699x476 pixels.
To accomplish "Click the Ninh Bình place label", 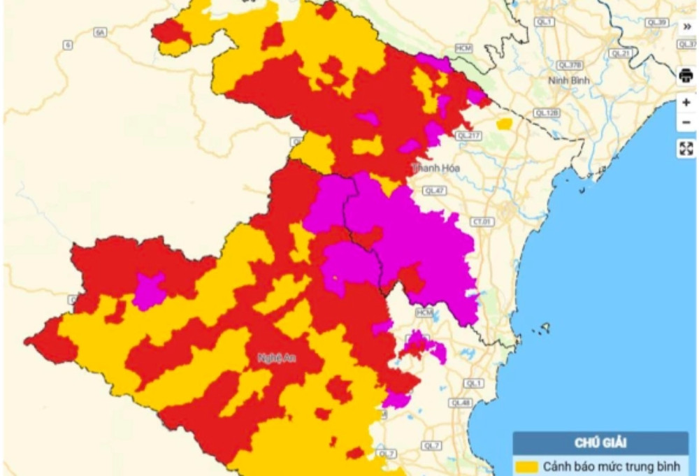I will coord(568,80).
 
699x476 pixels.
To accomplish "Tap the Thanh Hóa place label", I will coord(436,168).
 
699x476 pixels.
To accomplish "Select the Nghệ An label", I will coord(273,358).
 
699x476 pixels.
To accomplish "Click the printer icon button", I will coord(686,76).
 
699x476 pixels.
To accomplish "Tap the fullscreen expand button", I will coord(686,148).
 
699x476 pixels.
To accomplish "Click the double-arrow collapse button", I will coord(686,27).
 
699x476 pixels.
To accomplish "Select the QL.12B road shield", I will coord(546,113).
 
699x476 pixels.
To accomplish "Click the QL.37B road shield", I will coord(570,64).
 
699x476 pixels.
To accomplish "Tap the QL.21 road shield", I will coord(619,53).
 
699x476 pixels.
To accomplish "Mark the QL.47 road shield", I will coord(434,190).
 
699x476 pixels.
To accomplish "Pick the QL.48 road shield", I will coord(460,403).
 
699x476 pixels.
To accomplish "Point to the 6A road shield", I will coord(100,32).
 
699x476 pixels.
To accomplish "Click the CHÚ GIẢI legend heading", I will coord(600,442).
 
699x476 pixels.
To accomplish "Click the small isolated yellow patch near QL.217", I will coord(504,124).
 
